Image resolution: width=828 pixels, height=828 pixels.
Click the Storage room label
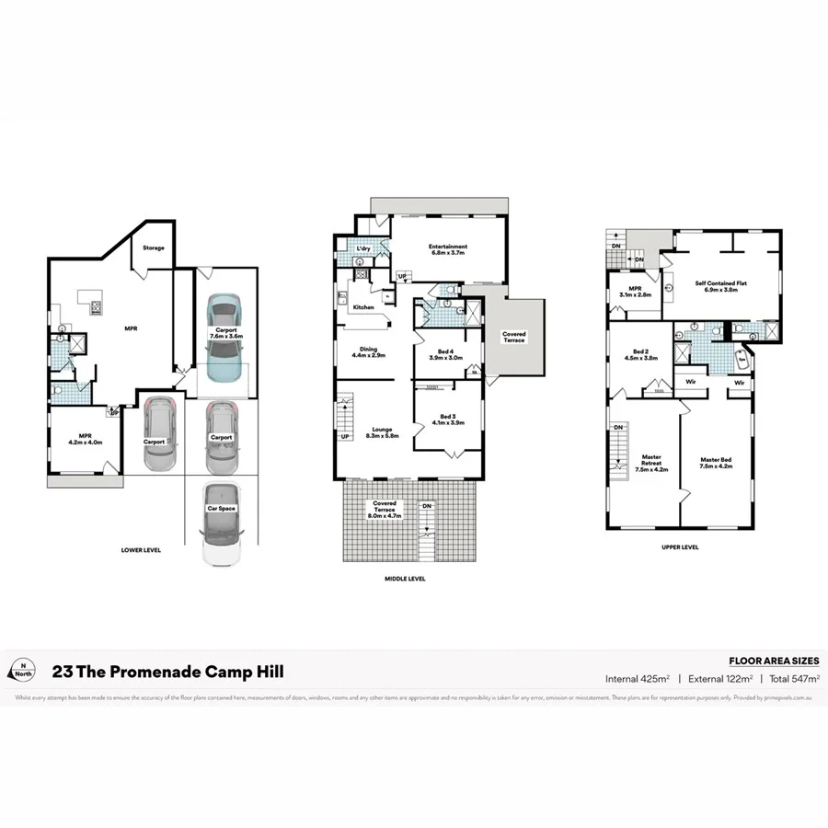(x=154, y=247)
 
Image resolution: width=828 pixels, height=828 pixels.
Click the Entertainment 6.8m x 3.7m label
(x=448, y=249)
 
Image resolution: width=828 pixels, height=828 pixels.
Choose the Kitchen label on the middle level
(x=364, y=307)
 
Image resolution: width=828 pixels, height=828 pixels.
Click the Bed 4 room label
(x=444, y=354)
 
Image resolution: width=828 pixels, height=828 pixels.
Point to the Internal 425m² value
(x=636, y=679)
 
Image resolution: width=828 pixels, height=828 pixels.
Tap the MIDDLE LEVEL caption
(x=404, y=579)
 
